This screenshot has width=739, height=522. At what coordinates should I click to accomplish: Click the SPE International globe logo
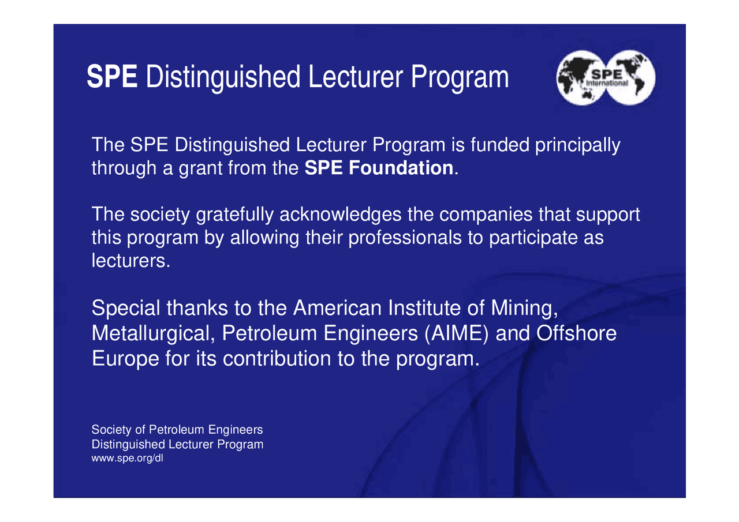pos(606,79)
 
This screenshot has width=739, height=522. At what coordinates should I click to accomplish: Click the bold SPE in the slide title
pos(112,78)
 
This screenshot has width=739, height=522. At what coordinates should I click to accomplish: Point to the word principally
pos(578,145)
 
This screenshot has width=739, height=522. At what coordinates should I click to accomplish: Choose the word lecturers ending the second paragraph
pos(131,260)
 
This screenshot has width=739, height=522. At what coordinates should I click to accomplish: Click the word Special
pos(126,309)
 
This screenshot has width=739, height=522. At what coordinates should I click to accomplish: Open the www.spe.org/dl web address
pos(128,459)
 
